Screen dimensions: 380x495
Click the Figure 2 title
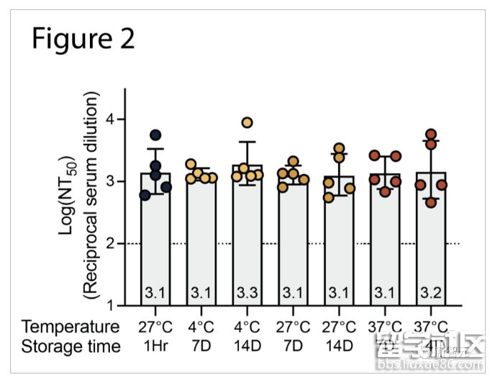tap(83, 39)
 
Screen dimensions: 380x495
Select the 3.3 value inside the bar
tap(247, 294)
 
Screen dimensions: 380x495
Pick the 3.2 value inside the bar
tap(431, 294)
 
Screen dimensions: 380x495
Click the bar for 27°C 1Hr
tap(155, 237)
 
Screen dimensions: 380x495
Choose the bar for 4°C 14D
tap(247, 237)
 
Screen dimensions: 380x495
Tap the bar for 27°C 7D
tap(293, 237)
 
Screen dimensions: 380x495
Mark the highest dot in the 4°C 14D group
tap(247, 122)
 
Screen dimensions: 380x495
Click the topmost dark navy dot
tap(155, 135)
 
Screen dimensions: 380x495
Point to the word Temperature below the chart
tap(71, 326)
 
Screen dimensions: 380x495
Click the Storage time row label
tap(71, 347)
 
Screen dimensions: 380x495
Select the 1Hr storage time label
tap(155, 347)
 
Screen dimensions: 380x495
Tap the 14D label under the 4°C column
tap(247, 347)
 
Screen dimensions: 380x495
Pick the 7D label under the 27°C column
tap(293, 347)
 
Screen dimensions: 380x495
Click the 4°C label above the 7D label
tap(201, 326)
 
